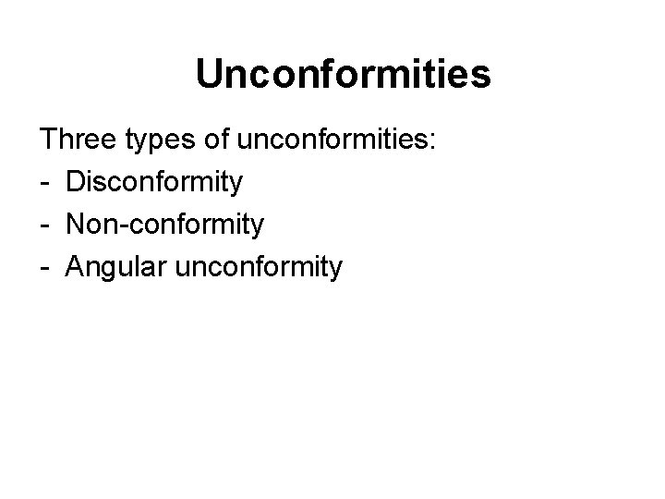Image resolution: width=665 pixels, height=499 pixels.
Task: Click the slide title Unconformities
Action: [344, 75]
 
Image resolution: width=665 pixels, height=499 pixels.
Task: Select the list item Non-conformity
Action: [165, 225]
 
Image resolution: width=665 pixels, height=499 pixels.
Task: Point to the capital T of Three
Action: [47, 140]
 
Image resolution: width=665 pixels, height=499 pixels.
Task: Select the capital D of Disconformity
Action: [75, 182]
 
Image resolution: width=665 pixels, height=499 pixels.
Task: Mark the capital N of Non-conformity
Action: [75, 225]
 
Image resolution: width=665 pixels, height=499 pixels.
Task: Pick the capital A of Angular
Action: [75, 267]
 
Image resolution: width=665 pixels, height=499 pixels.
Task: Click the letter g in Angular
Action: [107, 271]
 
